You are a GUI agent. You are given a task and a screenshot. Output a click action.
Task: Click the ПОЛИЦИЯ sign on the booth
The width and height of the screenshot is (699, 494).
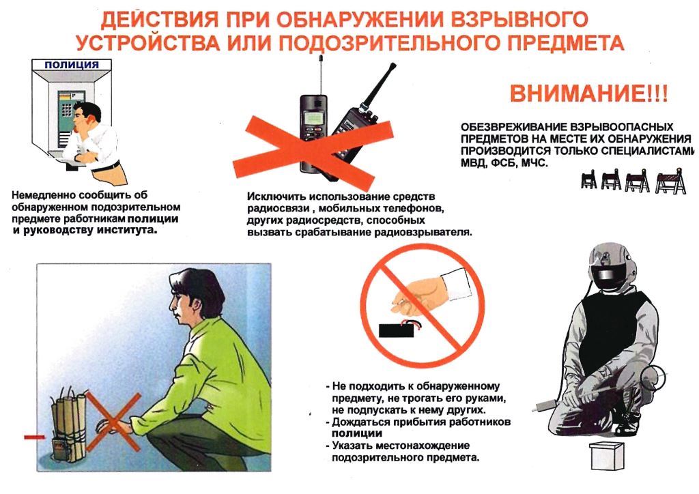tap(72, 65)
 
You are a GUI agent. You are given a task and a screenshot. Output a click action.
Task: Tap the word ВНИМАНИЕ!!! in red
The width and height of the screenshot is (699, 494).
tap(589, 94)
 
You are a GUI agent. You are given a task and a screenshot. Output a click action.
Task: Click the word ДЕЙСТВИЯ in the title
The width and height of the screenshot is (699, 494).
tap(160, 19)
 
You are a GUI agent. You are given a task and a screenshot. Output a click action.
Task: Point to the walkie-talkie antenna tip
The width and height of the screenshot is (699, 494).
tap(394, 65)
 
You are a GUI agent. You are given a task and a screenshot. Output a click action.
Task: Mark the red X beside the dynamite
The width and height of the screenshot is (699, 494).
tap(113, 422)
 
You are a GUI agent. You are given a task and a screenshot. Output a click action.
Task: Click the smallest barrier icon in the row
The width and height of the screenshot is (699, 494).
tap(589, 179)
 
